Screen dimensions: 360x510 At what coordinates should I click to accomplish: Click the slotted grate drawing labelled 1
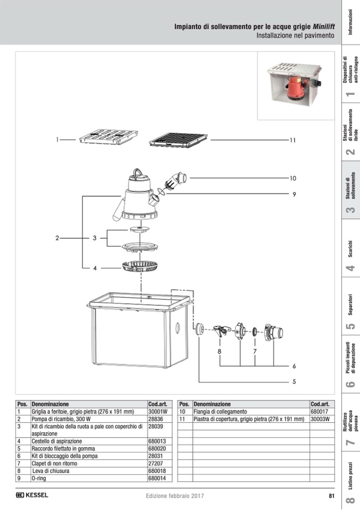coord(108,137)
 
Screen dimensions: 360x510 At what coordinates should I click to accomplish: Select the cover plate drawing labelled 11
coord(178,140)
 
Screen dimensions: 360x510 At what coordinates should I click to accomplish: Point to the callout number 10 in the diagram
coord(292,178)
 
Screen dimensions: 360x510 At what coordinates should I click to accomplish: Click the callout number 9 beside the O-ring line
coord(294,195)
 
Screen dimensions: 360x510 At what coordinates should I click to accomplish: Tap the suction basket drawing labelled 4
coord(139,266)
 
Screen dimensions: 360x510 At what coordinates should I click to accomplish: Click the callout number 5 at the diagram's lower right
coord(294,381)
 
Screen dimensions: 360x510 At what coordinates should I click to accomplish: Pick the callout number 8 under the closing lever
coord(220,352)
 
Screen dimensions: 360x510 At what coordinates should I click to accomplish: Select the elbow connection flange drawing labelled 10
coord(176,181)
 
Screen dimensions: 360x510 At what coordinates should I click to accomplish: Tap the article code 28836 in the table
coord(155,419)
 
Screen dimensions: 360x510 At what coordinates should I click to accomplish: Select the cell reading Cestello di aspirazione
coord(56,441)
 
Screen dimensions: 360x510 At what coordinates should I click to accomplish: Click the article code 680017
coord(320,412)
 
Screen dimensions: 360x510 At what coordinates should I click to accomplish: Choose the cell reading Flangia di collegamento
coord(220,412)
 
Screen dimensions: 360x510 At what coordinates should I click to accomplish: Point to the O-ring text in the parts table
coord(39,478)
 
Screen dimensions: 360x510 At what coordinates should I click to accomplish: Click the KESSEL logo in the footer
coord(32,495)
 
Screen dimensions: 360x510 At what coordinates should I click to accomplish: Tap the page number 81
coord(331,496)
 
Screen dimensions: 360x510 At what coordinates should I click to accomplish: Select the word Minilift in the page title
coord(324,27)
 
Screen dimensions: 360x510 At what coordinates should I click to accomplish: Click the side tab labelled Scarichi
coord(350,249)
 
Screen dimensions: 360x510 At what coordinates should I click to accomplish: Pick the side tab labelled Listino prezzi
coord(350,475)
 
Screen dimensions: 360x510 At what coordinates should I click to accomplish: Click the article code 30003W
coord(320,419)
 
